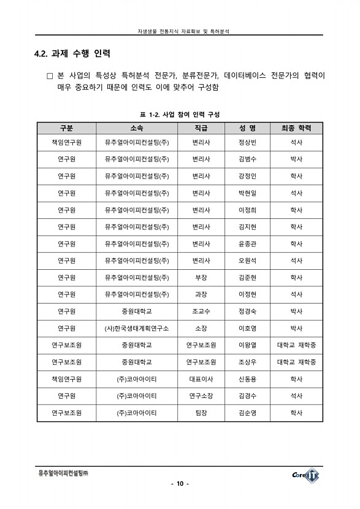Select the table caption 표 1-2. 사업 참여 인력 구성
pyautogui.click(x=180, y=115)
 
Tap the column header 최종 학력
pyautogui.click(x=296, y=128)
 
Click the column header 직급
pyautogui.click(x=201, y=128)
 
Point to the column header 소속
pyautogui.click(x=137, y=128)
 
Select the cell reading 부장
pyautogui.click(x=201, y=277)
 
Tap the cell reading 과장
pyautogui.click(x=201, y=294)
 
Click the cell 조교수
pyautogui.click(x=201, y=311)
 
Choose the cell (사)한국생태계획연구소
pyautogui.click(x=137, y=328)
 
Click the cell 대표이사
pyautogui.click(x=201, y=379)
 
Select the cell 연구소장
pyautogui.click(x=201, y=396)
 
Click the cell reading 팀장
pyautogui.click(x=201, y=413)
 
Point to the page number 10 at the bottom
pyautogui.click(x=180, y=484)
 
